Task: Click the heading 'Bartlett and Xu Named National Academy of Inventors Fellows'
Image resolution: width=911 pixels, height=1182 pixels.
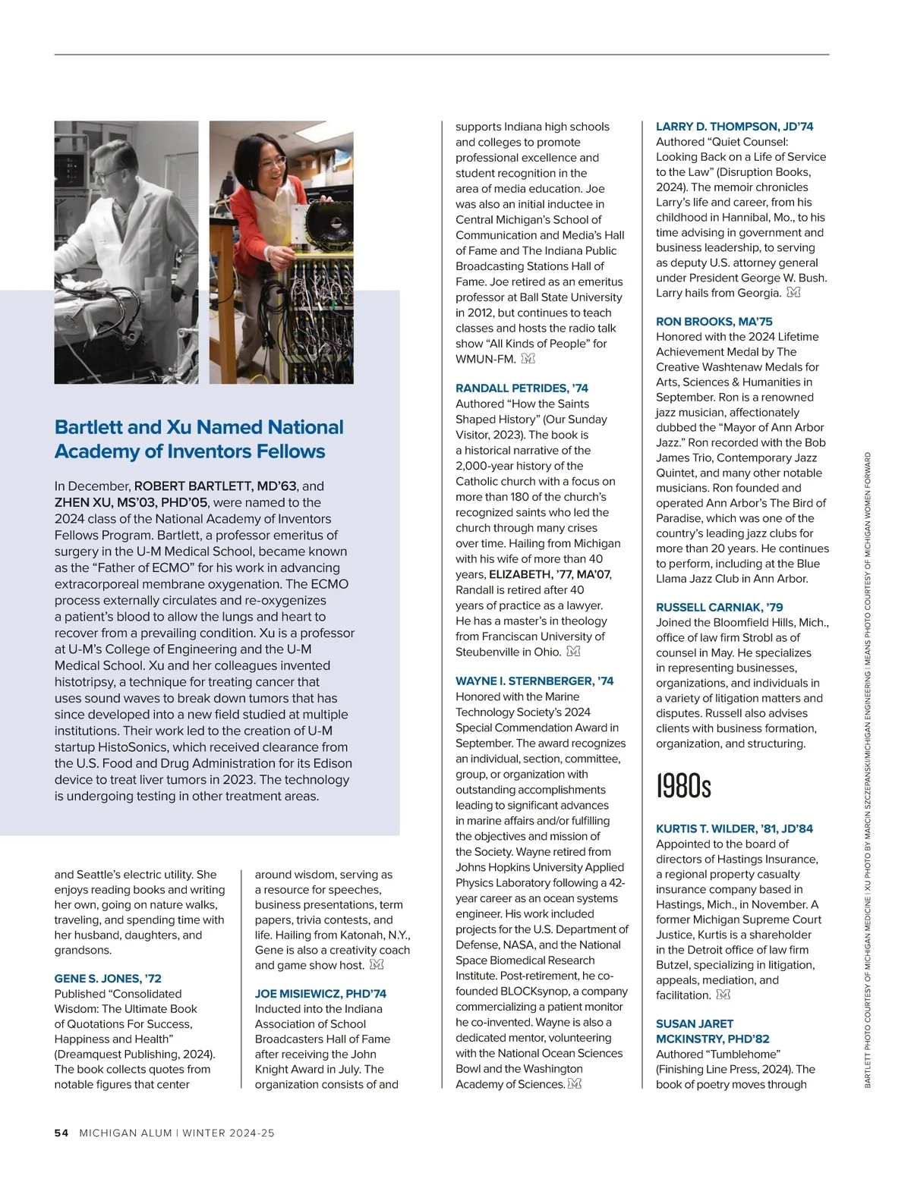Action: (x=199, y=439)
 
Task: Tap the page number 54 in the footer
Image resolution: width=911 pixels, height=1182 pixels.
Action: (x=61, y=1133)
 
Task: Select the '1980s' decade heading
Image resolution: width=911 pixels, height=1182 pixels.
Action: (x=683, y=786)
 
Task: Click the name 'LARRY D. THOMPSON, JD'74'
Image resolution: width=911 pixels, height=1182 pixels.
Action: (x=734, y=127)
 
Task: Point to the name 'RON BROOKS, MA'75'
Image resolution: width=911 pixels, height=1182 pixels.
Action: (x=714, y=322)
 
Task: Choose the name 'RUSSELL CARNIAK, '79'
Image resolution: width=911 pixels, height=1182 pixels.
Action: (x=719, y=608)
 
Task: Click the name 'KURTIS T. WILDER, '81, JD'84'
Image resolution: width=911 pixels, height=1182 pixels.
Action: (x=734, y=829)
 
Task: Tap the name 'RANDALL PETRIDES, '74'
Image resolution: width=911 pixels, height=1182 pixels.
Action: (x=522, y=388)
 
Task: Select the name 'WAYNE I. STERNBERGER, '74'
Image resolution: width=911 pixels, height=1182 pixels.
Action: (x=534, y=681)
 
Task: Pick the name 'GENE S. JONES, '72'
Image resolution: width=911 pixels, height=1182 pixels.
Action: (x=108, y=979)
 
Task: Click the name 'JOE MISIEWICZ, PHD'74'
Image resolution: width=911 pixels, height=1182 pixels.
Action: (x=320, y=994)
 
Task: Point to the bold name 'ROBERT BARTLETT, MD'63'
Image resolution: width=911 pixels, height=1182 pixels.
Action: (x=216, y=486)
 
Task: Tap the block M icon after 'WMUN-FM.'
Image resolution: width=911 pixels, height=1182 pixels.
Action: (x=528, y=359)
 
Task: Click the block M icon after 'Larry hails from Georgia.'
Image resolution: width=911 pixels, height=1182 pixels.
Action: (x=793, y=293)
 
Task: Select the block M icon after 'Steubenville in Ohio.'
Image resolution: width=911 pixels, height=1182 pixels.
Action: (x=573, y=652)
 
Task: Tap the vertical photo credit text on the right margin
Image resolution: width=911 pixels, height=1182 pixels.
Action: (x=868, y=770)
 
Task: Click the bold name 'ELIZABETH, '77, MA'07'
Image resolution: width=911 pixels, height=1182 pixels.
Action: (x=550, y=574)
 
